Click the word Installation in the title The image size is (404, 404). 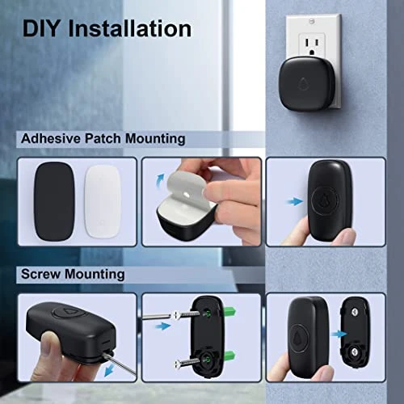pos(133,30)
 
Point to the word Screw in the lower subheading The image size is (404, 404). pos(41,274)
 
